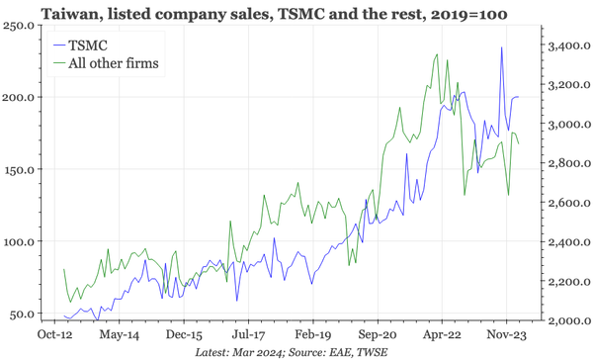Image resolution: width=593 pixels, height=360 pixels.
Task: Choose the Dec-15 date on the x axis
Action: pos(183,336)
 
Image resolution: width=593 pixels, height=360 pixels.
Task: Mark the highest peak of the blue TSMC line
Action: pos(502,47)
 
